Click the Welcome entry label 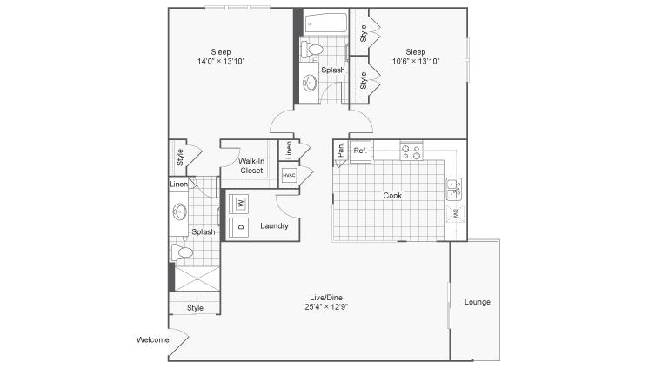153,339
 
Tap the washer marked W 239,204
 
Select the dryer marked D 239,227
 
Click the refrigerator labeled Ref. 360,151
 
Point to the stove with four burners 411,151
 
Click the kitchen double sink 454,189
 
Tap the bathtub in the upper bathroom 326,23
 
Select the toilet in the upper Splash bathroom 312,50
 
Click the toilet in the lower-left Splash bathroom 182,252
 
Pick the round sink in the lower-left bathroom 180,211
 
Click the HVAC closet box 289,175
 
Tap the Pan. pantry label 341,150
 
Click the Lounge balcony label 478,302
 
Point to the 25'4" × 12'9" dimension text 326,307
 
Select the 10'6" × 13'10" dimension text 416,62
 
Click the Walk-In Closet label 251,166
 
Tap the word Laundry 274,226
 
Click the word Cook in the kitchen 392,196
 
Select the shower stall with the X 197,278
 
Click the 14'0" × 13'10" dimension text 221,62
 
